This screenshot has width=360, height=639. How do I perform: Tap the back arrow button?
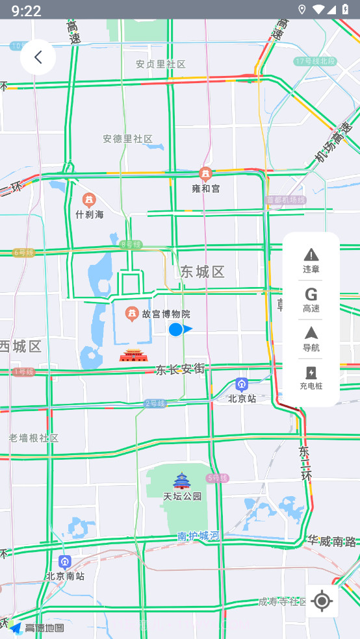[38, 57]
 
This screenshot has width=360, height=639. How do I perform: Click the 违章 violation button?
[311, 260]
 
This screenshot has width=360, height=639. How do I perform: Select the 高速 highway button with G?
[311, 299]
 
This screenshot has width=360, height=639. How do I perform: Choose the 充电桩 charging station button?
[311, 378]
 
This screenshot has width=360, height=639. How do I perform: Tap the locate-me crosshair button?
[322, 601]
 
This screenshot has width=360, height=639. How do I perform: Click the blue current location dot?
[175, 329]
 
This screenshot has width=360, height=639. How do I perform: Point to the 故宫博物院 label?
[166, 314]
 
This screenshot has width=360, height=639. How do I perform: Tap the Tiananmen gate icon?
[133, 355]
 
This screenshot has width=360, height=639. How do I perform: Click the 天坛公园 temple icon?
[181, 481]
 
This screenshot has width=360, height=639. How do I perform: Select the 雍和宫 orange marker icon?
[205, 174]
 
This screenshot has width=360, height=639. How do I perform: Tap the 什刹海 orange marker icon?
[90, 200]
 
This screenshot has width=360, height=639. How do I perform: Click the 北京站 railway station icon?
[242, 384]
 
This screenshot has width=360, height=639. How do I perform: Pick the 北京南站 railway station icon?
[64, 562]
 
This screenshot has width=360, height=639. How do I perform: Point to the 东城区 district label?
[203, 271]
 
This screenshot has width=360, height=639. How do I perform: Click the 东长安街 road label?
[180, 370]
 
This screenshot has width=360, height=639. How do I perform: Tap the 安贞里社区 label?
[161, 64]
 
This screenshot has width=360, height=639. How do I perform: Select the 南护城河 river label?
[198, 536]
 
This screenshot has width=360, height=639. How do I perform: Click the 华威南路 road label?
[332, 540]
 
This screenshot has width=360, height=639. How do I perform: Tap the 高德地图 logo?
[37, 627]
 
